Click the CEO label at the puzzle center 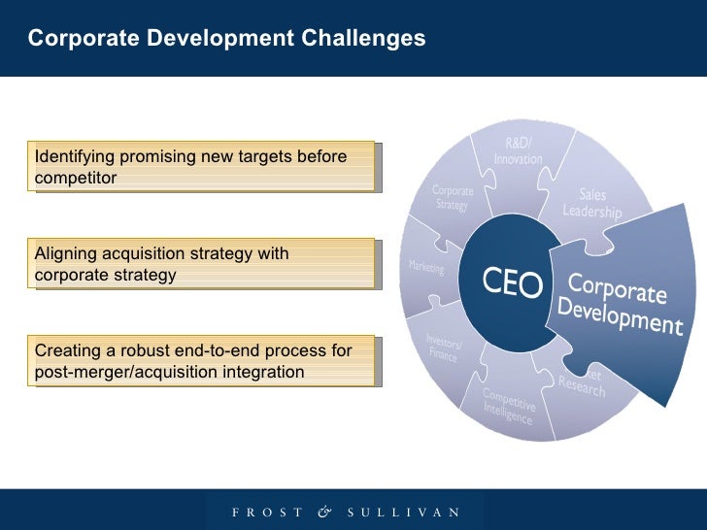pos(513,284)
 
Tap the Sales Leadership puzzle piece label pos(592,203)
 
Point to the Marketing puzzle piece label pos(426,266)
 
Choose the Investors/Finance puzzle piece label pos(445,347)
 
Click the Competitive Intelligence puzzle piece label pos(509,407)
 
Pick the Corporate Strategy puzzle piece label pos(453,198)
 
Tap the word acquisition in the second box pos(138,254)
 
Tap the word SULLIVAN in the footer pos(401,512)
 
